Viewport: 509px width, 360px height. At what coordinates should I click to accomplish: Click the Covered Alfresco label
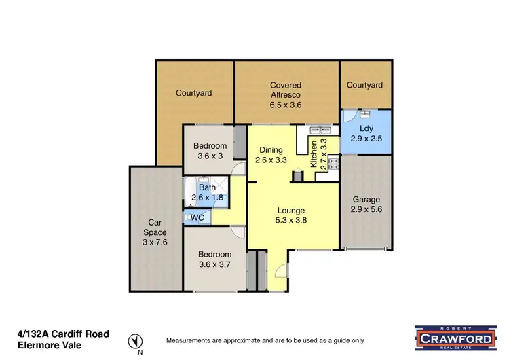[x=285, y=90]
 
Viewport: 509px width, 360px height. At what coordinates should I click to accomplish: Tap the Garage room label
[x=365, y=200]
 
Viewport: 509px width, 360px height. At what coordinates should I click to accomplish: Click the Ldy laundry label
[x=365, y=128]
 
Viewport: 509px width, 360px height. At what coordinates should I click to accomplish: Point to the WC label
[x=197, y=217]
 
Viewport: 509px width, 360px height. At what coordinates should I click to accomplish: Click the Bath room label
[x=206, y=187]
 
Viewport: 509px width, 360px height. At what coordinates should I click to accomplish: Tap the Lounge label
[x=290, y=211]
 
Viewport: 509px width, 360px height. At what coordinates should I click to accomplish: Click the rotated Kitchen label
[x=314, y=154]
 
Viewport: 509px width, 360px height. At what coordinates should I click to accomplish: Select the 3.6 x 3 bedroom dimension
[x=209, y=156]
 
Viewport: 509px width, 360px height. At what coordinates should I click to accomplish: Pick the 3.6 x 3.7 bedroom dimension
[x=214, y=264]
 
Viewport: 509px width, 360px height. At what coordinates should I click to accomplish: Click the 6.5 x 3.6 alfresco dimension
[x=285, y=105]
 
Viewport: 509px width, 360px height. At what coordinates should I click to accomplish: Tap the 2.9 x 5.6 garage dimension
[x=365, y=210]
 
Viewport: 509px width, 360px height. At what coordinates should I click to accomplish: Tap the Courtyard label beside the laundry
[x=365, y=85]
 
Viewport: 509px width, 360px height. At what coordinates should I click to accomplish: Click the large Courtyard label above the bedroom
[x=194, y=93]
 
